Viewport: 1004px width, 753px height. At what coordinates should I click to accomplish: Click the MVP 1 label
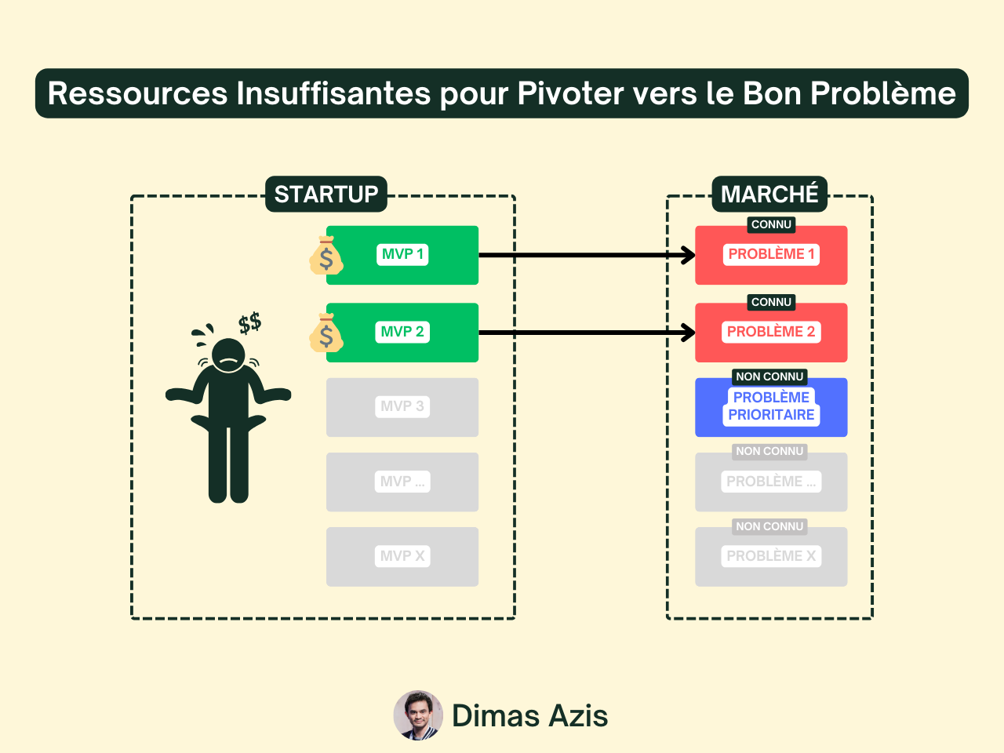(x=402, y=254)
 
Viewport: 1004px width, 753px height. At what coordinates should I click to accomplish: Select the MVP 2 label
(x=402, y=332)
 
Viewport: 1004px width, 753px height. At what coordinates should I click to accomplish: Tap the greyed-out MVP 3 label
(x=402, y=406)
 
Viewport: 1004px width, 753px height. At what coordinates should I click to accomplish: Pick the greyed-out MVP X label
(x=402, y=556)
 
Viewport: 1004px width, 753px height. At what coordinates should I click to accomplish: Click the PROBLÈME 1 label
(x=771, y=254)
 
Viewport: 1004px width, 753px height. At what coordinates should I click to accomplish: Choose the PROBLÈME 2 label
(x=771, y=332)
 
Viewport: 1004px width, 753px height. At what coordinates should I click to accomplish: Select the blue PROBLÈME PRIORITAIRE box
(x=771, y=408)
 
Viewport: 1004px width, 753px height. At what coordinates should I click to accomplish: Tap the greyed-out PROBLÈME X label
(x=771, y=556)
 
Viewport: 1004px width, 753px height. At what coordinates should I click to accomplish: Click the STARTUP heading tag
(x=326, y=194)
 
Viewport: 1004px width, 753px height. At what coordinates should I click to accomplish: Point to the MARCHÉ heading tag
(x=769, y=194)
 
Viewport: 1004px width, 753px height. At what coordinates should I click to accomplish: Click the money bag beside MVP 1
(x=326, y=256)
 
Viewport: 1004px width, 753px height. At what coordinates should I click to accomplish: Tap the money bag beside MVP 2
(x=326, y=333)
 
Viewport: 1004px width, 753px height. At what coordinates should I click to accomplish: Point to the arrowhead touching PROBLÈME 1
(x=688, y=255)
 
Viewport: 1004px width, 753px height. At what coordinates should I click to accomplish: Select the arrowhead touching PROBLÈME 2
(x=688, y=333)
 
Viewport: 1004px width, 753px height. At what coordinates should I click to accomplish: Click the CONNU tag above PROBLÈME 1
(x=771, y=225)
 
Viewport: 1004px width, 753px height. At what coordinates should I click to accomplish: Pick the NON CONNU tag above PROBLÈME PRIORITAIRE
(x=769, y=376)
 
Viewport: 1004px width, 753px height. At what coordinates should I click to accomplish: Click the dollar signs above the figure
(x=249, y=322)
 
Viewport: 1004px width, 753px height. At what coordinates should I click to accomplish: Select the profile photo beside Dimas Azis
(x=418, y=715)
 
